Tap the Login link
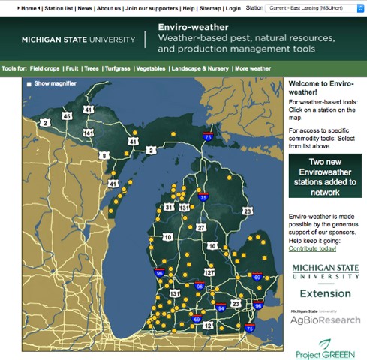tap(233, 7)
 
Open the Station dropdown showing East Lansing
tap(312, 7)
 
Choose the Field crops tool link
tap(46, 68)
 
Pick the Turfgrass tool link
tap(116, 68)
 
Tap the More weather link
tap(253, 68)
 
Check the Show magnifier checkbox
tap(29, 83)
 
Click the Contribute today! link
tap(313, 247)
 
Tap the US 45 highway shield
tap(68, 116)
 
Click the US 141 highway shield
tap(89, 133)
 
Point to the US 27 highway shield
tap(200, 227)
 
